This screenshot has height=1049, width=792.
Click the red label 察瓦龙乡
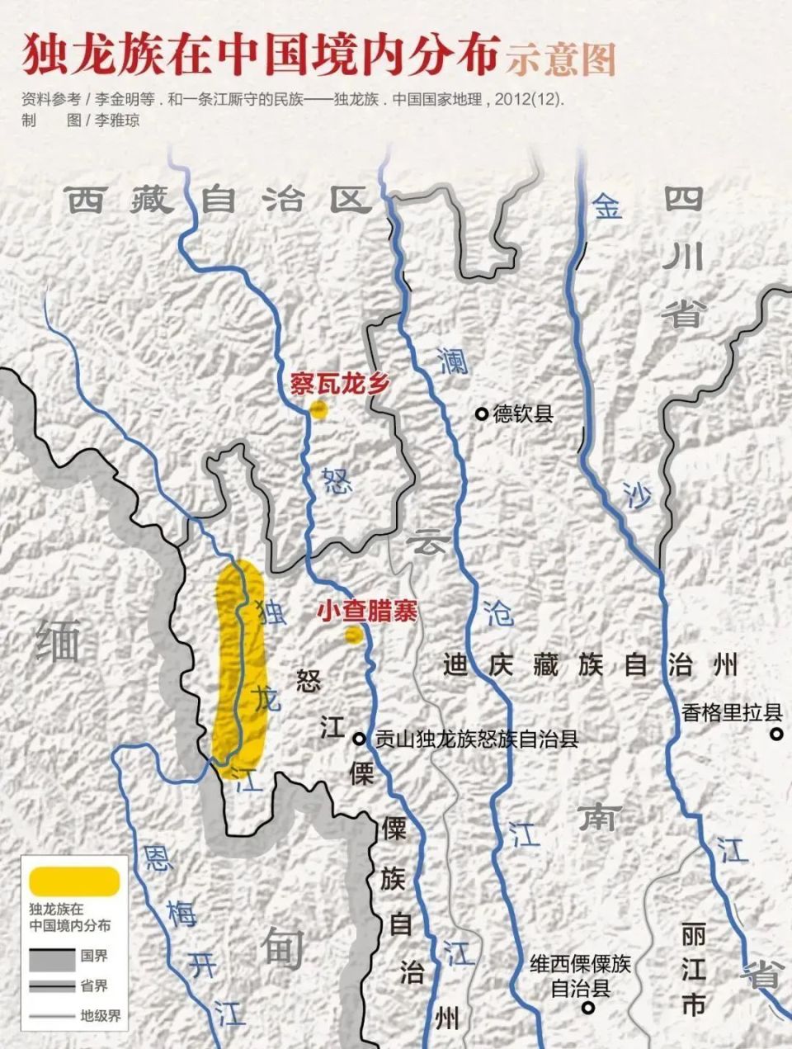click(338, 384)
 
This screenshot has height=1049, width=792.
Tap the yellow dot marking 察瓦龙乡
click(318, 409)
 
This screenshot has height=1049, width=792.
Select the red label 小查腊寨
click(367, 612)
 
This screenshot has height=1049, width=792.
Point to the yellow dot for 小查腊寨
click(353, 634)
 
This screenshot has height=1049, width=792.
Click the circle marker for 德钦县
click(481, 414)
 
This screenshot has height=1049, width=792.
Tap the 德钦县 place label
click(523, 414)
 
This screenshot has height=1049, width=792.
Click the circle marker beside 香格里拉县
click(775, 733)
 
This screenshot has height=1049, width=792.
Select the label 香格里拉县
click(731, 712)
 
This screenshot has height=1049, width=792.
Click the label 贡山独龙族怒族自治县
click(477, 739)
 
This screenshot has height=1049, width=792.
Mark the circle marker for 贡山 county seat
click(360, 739)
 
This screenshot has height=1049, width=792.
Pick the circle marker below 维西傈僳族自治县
click(587, 1008)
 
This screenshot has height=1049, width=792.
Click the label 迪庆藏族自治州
click(590, 665)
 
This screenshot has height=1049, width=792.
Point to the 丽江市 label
click(694, 971)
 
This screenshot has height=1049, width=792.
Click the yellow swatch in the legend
click(74, 880)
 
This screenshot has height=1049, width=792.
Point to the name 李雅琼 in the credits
click(116, 120)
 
